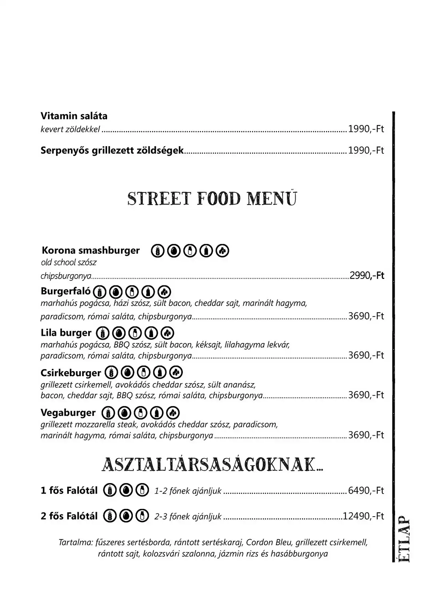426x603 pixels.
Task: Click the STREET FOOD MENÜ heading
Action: tap(212, 199)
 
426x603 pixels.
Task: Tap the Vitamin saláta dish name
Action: tap(74, 116)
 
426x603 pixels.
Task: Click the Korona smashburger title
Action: tap(91, 250)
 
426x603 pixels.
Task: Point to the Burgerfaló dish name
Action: tap(66, 291)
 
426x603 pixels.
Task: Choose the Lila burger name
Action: tap(66, 332)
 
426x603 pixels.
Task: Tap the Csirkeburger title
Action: tap(71, 373)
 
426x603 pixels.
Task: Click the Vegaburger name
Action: tap(68, 413)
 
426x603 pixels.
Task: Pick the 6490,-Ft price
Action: tap(366, 491)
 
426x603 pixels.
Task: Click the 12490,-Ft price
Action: tap(363, 516)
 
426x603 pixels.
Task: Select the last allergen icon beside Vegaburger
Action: tap(173, 413)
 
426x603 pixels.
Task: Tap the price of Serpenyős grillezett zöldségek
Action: tap(366, 151)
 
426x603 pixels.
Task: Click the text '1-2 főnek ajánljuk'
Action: tap(188, 491)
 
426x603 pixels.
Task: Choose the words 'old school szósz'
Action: tap(68, 262)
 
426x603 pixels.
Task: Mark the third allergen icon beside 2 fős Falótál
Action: tap(142, 516)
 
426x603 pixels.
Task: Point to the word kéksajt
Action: tap(208, 345)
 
